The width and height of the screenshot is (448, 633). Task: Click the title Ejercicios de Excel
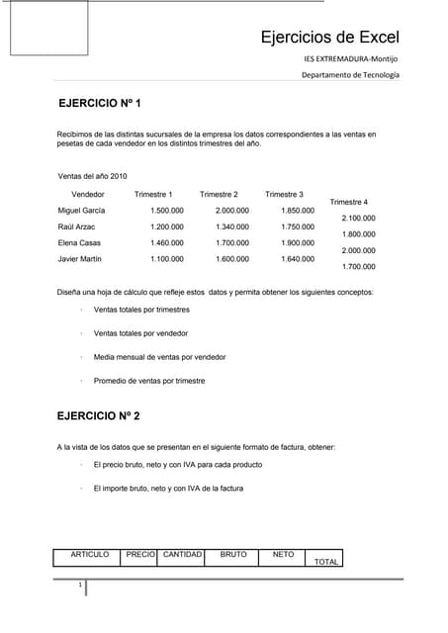coord(329,39)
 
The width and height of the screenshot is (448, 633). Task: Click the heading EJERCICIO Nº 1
coord(100,104)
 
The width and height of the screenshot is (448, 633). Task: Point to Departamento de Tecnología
coord(350,76)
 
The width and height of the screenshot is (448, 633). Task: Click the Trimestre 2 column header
coord(219,194)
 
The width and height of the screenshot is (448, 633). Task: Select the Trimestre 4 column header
coord(348,202)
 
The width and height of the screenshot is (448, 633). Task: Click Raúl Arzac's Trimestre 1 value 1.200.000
coord(166,226)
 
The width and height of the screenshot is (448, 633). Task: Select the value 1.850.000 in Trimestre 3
coord(298,211)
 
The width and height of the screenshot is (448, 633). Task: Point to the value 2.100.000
coord(358,218)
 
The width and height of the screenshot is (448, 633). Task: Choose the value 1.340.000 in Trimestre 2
coord(231,226)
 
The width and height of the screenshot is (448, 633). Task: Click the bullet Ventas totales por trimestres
coord(140,310)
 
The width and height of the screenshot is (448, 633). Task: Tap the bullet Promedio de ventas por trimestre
coord(148,381)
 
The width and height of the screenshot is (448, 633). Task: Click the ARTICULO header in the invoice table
coord(89,555)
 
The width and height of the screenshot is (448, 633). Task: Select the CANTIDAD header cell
coord(182,555)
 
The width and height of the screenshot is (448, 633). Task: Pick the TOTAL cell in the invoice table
coord(325,562)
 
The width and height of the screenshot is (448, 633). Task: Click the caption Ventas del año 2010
coord(93,176)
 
